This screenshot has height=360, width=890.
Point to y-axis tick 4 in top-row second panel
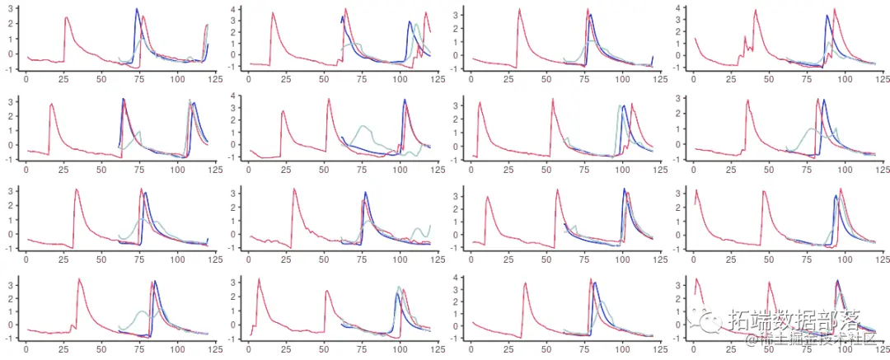[233, 9]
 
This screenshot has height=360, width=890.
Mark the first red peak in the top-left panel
[66, 17]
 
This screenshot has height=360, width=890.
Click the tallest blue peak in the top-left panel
[137, 9]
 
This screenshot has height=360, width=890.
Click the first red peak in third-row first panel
[77, 189]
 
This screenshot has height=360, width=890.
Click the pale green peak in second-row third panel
[619, 106]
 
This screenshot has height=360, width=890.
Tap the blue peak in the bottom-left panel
[156, 282]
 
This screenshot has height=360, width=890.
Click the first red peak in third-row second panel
[294, 189]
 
